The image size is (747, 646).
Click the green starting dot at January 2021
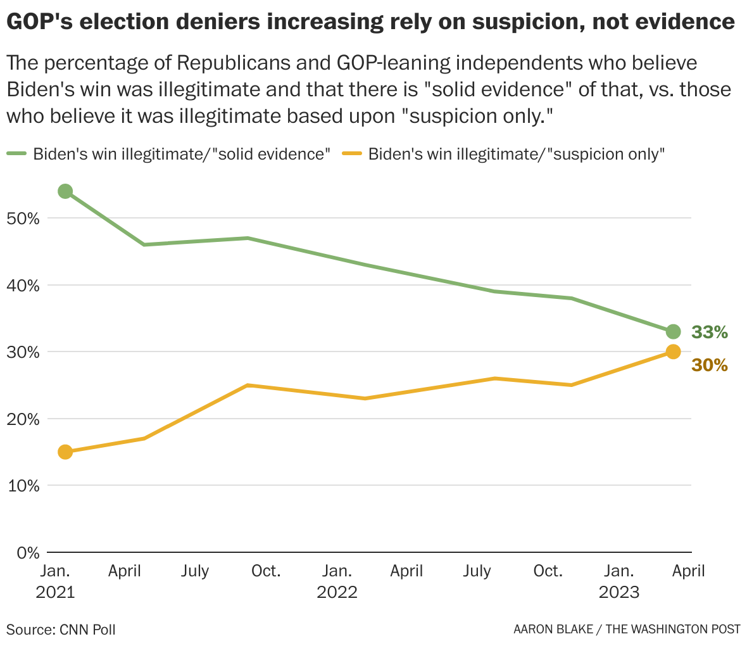pos(65,191)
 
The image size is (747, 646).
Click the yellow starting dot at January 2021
pos(65,452)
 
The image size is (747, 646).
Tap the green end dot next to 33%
pos(673,332)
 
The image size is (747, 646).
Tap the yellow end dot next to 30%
pos(673,352)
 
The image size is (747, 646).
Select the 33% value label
pos(709,332)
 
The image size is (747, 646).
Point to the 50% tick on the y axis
pos(23,218)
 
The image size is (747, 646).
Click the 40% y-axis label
pos(23,286)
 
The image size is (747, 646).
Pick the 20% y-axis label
pos(23,419)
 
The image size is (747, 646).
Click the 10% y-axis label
pos(23,486)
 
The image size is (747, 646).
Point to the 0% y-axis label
pos(27,553)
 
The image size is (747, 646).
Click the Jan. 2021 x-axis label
pos(56,581)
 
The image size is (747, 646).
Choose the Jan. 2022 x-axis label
pos(337,581)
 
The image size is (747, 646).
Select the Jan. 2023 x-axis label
pos(618,581)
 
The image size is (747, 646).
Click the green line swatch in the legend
pos(17,154)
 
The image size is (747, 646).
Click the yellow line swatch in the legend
pos(352,154)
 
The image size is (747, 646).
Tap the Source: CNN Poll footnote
pos(61,630)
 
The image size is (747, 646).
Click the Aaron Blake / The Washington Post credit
pos(627,630)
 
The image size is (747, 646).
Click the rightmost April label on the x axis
pos(688,571)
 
